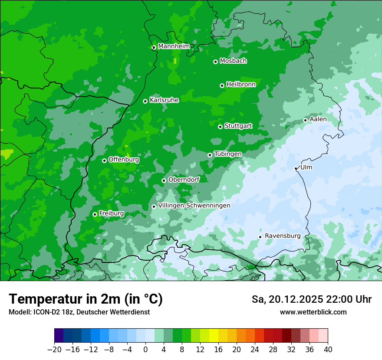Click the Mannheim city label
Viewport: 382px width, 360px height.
click(x=174, y=46)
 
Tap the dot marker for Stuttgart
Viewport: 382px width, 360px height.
click(x=220, y=127)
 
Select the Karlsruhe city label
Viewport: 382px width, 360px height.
click(x=164, y=100)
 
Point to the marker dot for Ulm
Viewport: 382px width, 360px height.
click(x=296, y=168)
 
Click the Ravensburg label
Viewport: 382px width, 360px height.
click(x=283, y=236)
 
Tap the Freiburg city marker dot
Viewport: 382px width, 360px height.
click(x=95, y=214)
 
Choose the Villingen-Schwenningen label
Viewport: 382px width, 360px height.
click(x=194, y=206)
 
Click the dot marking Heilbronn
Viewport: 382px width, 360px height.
click(x=222, y=85)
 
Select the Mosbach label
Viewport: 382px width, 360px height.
click(x=233, y=61)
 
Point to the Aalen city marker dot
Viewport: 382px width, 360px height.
click(x=305, y=120)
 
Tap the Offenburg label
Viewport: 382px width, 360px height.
click(x=124, y=160)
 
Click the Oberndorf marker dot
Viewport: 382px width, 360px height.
click(x=164, y=180)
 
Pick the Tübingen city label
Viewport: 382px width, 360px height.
click(x=228, y=154)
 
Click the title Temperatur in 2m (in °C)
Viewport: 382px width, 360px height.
click(x=86, y=299)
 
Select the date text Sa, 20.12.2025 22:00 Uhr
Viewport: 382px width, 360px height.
click(x=311, y=299)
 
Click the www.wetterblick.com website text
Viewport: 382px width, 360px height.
click(x=313, y=312)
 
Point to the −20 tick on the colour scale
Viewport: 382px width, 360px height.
click(x=54, y=350)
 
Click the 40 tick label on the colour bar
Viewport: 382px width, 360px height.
click(x=328, y=350)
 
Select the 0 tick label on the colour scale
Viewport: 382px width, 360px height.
click(x=145, y=350)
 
